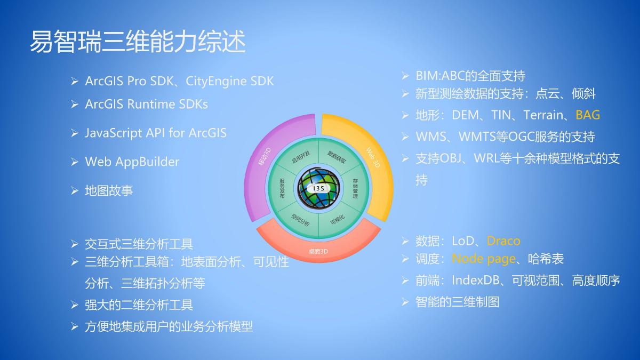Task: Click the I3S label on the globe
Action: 318,189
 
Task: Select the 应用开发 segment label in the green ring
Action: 301,157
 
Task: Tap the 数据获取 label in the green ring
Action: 337,157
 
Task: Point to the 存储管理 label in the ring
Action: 355,189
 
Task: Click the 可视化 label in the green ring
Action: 338,220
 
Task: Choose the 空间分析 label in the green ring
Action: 300,220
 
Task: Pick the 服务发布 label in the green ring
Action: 282,189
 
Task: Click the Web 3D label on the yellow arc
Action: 373,157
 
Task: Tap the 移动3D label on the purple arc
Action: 265,157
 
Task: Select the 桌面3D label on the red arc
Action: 318,251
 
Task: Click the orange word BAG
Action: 587,115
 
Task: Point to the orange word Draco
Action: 503,241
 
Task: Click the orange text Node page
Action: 484,259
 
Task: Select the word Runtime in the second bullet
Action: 151,104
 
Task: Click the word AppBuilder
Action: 147,162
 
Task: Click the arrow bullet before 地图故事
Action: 75,191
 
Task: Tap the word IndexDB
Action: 476,281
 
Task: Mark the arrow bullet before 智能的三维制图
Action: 405,302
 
